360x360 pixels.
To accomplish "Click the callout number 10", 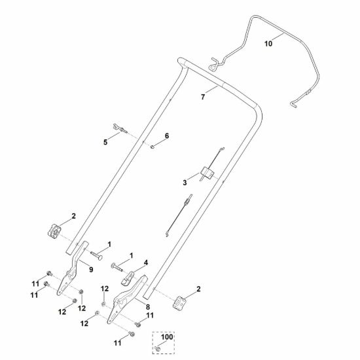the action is click(268, 43).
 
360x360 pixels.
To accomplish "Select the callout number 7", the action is click(203, 97).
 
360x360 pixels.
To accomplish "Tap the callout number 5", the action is click(105, 142).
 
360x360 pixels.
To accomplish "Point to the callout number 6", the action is click(167, 136).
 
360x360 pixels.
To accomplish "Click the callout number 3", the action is click(185, 183).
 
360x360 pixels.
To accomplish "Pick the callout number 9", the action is click(91, 270).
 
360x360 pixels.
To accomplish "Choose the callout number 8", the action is click(148, 307).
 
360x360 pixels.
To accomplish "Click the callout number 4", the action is click(146, 263).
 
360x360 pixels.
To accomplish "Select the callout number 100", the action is click(167, 337).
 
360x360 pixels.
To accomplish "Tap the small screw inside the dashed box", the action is click(158, 349).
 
